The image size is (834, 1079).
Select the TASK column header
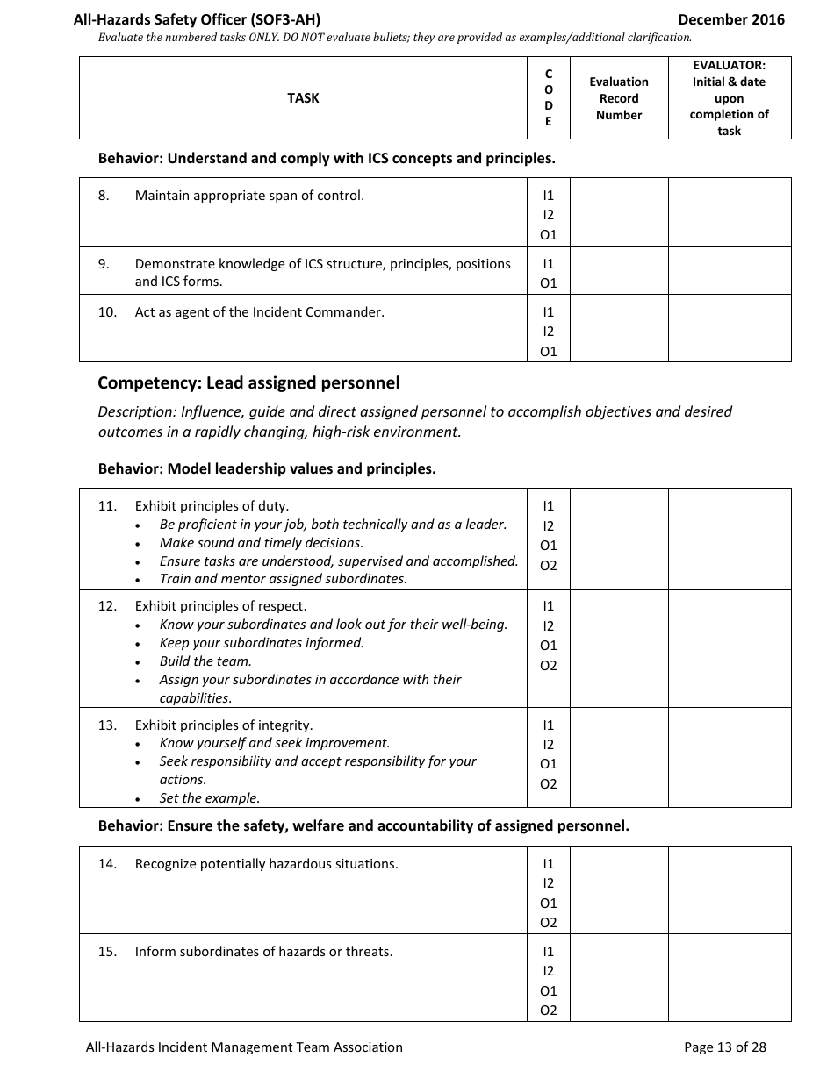click(303, 98)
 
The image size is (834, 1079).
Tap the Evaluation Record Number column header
click(619, 98)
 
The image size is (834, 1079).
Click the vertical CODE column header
click(549, 98)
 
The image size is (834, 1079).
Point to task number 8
click(104, 196)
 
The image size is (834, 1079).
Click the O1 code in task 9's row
click(549, 283)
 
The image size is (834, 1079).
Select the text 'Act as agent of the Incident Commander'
click(259, 311)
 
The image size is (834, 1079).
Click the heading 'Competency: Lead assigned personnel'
click(248, 382)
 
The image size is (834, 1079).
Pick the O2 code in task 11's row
click(549, 565)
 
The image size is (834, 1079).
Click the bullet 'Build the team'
click(205, 661)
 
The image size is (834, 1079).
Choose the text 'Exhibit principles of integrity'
click(224, 725)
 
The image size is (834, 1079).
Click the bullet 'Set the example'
click(210, 798)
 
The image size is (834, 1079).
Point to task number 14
click(107, 864)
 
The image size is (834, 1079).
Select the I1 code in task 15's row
click(549, 951)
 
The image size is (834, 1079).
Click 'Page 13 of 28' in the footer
click(724, 1047)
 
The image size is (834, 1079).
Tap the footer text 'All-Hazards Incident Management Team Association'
click(244, 1047)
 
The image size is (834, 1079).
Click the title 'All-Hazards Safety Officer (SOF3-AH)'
click(203, 19)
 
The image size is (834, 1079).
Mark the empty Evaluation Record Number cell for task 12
click(619, 648)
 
